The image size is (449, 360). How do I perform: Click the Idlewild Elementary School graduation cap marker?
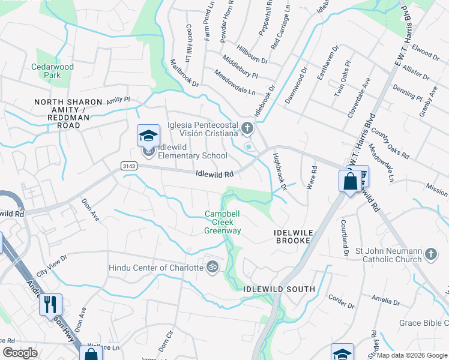[x=148, y=136]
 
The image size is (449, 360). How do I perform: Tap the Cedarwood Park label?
[x=53, y=71]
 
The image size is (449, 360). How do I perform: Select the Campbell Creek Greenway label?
[x=222, y=222]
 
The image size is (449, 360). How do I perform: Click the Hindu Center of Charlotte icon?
[x=211, y=266]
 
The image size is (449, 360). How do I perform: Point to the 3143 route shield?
[x=128, y=166]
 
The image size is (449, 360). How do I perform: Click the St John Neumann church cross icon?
[x=430, y=255]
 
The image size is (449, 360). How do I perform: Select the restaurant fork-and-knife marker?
[x=50, y=304]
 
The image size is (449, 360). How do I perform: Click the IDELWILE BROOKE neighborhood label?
[x=293, y=236]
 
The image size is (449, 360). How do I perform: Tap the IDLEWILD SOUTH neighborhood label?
[x=279, y=289]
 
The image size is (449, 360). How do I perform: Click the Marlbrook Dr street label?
[x=184, y=73]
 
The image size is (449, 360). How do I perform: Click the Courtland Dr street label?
[x=346, y=238]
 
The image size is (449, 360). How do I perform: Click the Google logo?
[x=20, y=353]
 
